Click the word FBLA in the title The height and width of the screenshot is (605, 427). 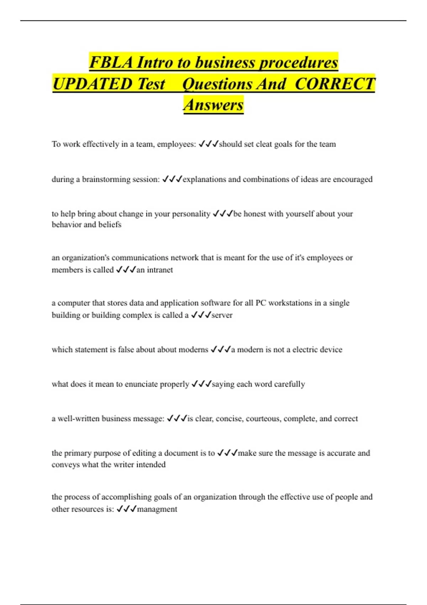(x=111, y=63)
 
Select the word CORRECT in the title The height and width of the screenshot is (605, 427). (x=335, y=84)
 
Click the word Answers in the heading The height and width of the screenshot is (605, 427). (x=213, y=105)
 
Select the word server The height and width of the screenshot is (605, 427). (x=222, y=315)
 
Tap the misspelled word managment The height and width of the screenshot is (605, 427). (x=157, y=509)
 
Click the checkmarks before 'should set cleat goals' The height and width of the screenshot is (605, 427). (x=209, y=144)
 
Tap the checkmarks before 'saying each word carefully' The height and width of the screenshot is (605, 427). (x=201, y=384)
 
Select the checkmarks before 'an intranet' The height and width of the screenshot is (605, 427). (x=126, y=270)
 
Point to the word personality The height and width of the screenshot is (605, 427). (x=191, y=214)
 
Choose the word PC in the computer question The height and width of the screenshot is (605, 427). (x=260, y=303)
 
